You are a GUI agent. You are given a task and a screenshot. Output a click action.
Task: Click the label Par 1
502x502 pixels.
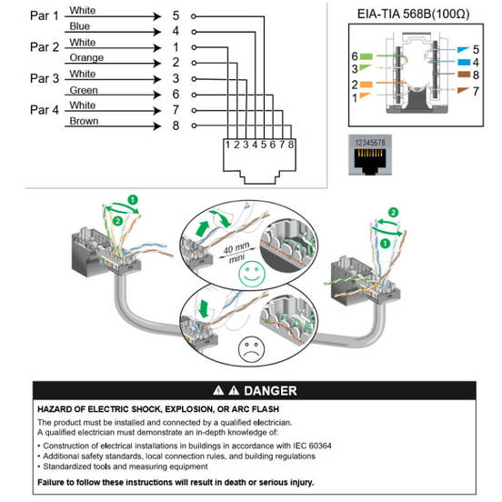click(x=45, y=15)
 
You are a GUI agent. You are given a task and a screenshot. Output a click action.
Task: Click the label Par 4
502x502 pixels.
click(x=45, y=110)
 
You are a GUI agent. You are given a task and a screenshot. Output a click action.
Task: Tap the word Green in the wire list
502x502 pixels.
click(x=84, y=90)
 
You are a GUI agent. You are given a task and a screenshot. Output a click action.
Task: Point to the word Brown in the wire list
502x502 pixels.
click(x=84, y=121)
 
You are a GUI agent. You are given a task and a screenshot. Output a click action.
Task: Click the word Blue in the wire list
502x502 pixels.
click(x=80, y=26)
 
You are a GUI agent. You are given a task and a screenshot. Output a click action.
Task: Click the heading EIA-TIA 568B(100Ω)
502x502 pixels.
click(x=413, y=14)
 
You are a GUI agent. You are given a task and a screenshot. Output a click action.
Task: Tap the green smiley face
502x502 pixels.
click(x=252, y=274)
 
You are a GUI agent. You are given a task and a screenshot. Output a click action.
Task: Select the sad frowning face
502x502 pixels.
click(x=251, y=348)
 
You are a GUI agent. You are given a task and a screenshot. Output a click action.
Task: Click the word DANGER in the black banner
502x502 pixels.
click(x=270, y=390)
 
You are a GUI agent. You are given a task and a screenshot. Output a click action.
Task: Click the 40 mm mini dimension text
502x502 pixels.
click(x=237, y=252)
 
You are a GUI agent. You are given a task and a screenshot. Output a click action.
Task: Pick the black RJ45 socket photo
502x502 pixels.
click(x=370, y=155)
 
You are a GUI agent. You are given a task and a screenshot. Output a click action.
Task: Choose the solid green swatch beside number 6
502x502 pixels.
click(x=366, y=56)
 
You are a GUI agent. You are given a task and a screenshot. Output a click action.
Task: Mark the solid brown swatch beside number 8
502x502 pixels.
click(x=464, y=75)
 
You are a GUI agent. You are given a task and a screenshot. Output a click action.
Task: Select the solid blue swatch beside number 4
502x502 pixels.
click(x=464, y=62)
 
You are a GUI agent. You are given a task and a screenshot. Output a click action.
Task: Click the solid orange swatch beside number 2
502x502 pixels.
click(x=366, y=85)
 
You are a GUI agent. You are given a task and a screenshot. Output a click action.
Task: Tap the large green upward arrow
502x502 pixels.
click(x=202, y=228)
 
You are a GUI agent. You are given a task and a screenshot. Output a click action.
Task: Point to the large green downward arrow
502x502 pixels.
click(x=204, y=309)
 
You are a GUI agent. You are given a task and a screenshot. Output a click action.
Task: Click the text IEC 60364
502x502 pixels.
click(x=312, y=446)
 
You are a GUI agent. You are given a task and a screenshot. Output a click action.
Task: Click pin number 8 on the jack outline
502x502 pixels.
click(x=291, y=145)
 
